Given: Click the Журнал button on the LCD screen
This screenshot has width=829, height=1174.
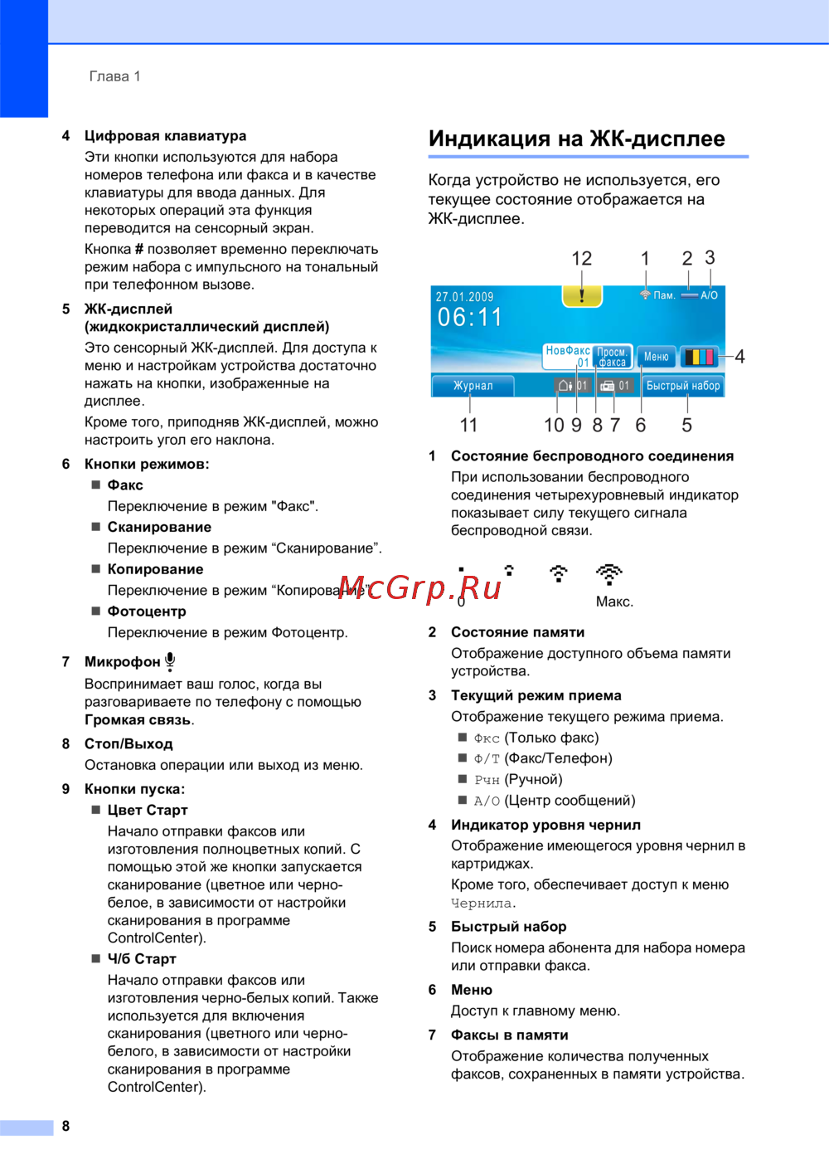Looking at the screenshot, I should click(473, 386).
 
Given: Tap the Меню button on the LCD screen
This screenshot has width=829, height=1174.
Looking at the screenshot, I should click(656, 357).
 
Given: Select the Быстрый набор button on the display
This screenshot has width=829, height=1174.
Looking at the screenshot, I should click(683, 386).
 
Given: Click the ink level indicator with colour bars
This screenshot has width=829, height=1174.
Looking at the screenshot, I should click(698, 357).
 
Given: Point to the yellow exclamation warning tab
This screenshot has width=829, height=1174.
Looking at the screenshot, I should click(582, 295).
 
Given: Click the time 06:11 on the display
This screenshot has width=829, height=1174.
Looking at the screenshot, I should click(470, 317).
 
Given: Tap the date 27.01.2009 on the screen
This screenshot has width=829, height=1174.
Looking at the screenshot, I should click(464, 296).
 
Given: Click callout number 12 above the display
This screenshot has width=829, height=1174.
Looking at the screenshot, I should click(581, 259).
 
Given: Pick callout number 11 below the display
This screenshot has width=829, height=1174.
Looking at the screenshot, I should click(468, 425).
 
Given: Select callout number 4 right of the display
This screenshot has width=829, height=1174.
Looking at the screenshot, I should click(739, 357).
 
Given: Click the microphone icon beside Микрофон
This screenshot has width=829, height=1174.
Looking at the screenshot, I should click(170, 661).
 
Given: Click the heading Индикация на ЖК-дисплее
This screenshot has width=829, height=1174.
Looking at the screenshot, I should click(576, 139).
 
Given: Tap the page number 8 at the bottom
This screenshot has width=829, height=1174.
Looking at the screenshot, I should click(65, 1126).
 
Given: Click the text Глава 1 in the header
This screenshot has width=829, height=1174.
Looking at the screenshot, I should click(114, 76).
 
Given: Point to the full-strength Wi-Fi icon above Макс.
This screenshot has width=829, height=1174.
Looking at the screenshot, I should click(609, 573).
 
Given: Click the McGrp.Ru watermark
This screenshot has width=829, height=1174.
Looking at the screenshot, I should click(419, 587).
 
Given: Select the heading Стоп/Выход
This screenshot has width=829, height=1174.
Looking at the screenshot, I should click(128, 743).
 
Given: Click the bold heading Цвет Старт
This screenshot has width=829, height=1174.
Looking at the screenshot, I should click(148, 810).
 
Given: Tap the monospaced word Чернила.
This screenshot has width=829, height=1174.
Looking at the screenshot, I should click(483, 904).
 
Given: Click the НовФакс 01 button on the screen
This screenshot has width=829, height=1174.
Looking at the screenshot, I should click(568, 356).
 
